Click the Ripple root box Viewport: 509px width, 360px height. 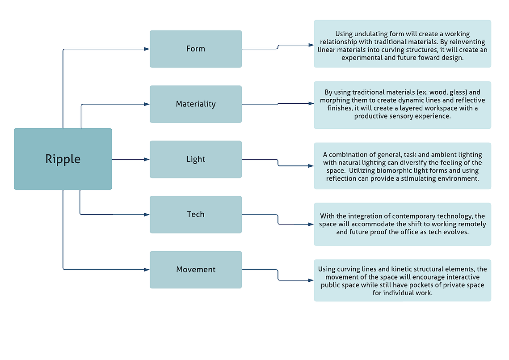[x=63, y=159]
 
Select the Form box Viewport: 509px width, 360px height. [x=196, y=49]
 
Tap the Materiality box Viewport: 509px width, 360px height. [x=196, y=104]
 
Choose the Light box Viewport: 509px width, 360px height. [x=196, y=159]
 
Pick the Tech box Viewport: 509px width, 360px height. [x=196, y=215]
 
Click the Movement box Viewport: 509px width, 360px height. [x=196, y=270]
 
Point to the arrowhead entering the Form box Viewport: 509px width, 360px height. [x=147, y=49]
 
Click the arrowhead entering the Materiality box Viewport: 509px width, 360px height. [x=147, y=104]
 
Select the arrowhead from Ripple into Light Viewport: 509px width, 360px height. [x=147, y=160]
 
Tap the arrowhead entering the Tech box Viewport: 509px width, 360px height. [x=147, y=215]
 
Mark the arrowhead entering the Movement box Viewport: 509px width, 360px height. [x=147, y=270]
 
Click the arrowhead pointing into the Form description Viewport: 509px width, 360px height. [x=311, y=45]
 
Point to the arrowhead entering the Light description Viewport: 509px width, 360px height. [x=311, y=166]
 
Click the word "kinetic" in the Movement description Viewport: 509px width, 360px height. [x=402, y=269]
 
